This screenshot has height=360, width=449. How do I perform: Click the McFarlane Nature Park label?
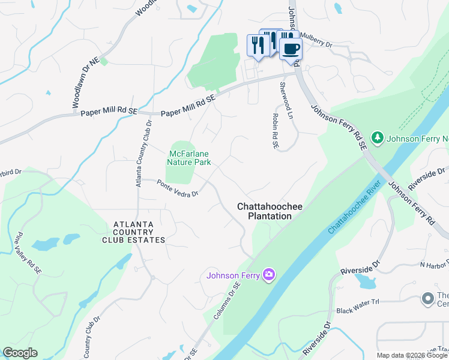pyautogui.click(x=188, y=158)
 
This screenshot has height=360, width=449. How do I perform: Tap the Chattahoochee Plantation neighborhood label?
pyautogui.click(x=264, y=211)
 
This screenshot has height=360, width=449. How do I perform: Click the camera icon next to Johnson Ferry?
pyautogui.click(x=268, y=275)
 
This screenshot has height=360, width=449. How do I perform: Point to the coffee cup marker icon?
pyautogui.click(x=291, y=49)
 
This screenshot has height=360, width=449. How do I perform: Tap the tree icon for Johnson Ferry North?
pyautogui.click(x=378, y=138)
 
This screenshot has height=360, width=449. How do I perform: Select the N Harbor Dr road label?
pyautogui.click(x=435, y=265)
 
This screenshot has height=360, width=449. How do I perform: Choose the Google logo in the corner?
pyautogui.click(x=20, y=353)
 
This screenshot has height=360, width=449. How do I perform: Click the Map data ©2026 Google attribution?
pyautogui.click(x=412, y=355)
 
